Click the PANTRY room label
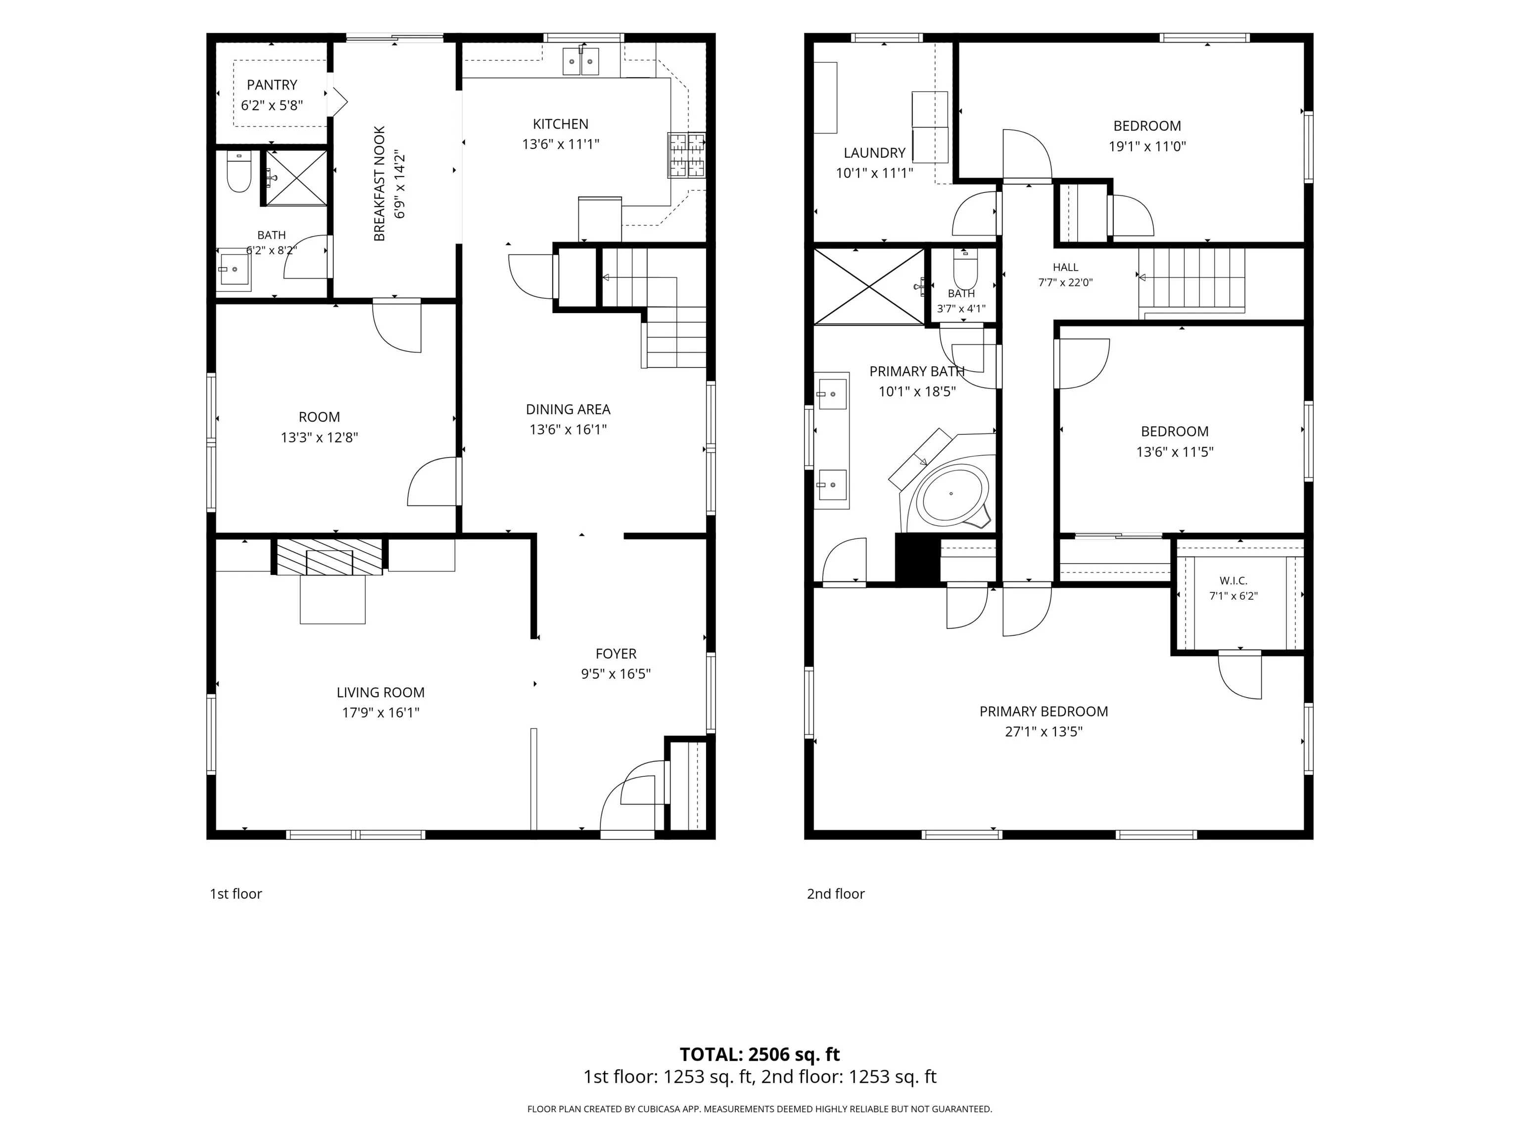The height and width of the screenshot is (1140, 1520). point(272,85)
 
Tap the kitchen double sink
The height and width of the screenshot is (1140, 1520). point(581,61)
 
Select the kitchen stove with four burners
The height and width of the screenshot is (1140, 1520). point(686,154)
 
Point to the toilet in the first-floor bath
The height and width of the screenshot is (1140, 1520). point(239,172)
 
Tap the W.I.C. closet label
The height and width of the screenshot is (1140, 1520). point(1234,581)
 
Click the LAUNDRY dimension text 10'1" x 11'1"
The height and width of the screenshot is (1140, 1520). point(874,173)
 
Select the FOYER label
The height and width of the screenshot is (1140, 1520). point(616,654)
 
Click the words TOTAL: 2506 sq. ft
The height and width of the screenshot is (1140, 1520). point(760,1054)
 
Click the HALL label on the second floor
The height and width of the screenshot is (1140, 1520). point(1066,267)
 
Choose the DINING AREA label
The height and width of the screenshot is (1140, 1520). point(569,410)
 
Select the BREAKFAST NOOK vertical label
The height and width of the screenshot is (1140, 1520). point(380,184)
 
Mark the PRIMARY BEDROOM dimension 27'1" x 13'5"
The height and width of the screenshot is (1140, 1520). point(1044,732)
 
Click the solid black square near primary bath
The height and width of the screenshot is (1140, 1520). point(917,558)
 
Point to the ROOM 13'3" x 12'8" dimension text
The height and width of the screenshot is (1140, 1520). point(320,438)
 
